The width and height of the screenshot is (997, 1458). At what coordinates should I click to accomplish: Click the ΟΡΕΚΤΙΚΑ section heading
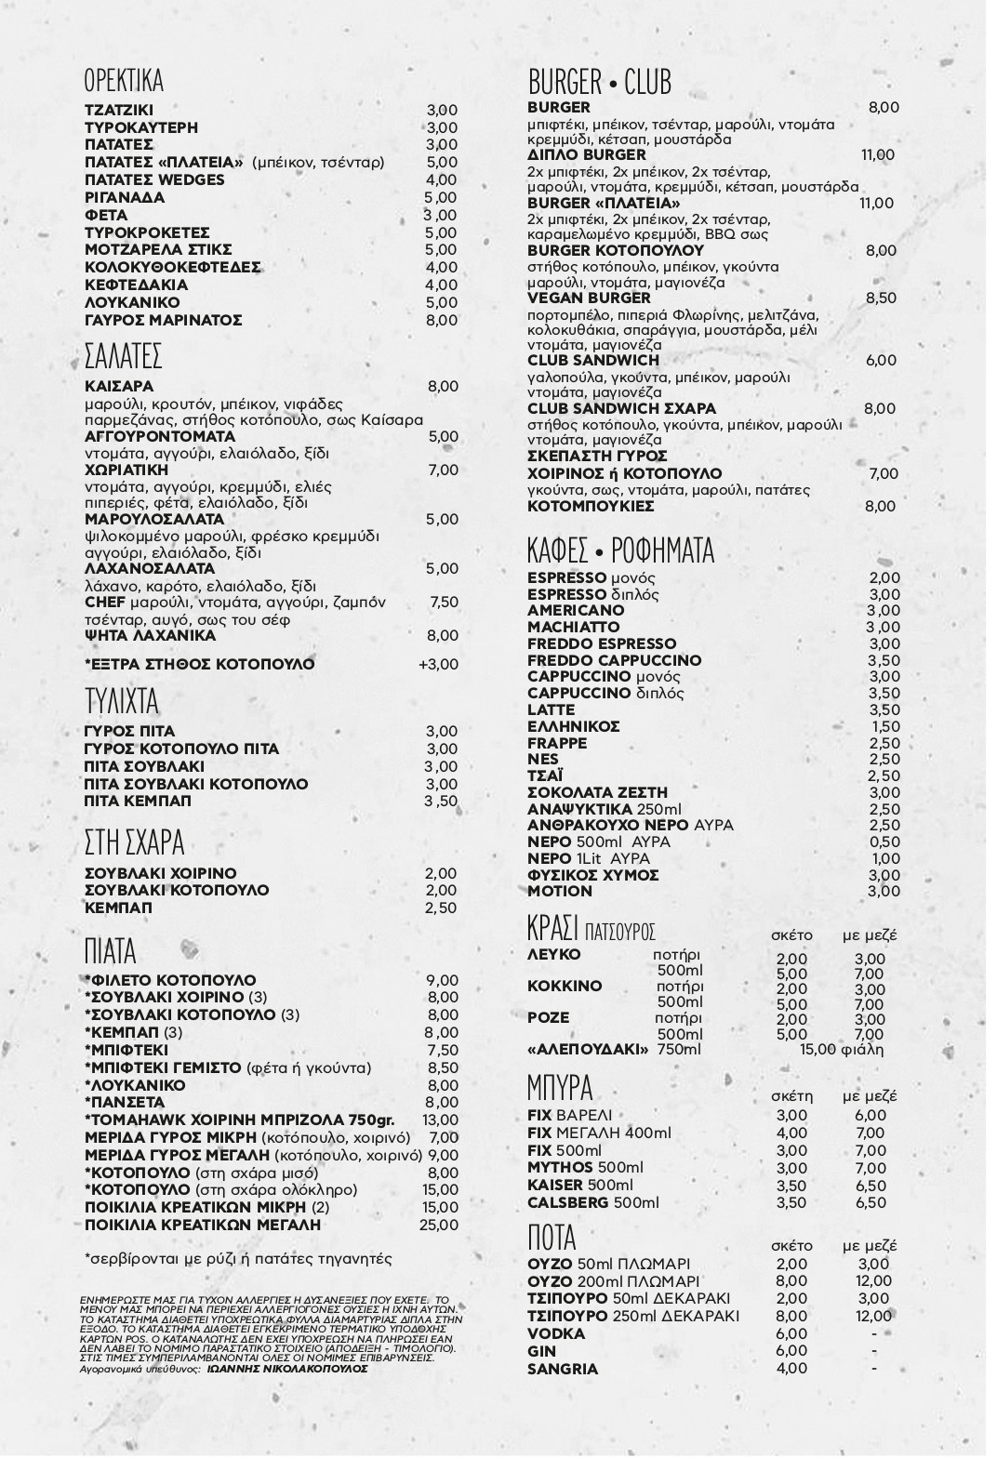pyautogui.click(x=124, y=81)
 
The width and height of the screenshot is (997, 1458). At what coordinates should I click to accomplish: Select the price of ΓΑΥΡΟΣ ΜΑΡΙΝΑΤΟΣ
pyautogui.click(x=442, y=320)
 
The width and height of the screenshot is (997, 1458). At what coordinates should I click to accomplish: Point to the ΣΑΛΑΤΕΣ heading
pyautogui.click(x=124, y=356)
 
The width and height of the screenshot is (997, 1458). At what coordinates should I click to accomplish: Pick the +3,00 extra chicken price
pyautogui.click(x=438, y=664)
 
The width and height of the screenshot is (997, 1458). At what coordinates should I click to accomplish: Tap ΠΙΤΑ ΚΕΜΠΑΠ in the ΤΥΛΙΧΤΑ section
pyautogui.click(x=138, y=801)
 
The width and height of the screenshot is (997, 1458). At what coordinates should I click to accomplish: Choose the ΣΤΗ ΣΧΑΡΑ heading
pyautogui.click(x=134, y=843)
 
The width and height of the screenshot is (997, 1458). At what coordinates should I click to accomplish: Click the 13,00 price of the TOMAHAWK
pyautogui.click(x=440, y=1120)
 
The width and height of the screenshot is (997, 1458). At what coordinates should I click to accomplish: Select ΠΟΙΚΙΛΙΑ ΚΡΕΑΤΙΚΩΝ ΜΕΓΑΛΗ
pyautogui.click(x=203, y=1225)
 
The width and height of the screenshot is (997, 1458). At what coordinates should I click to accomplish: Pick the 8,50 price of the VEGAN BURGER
pyautogui.click(x=881, y=298)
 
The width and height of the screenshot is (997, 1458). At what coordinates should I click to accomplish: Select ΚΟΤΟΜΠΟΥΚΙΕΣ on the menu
pyautogui.click(x=591, y=507)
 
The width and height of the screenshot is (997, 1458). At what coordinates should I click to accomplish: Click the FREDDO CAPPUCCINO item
pyautogui.click(x=614, y=660)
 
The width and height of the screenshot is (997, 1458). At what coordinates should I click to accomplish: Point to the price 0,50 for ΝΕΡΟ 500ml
pyautogui.click(x=884, y=842)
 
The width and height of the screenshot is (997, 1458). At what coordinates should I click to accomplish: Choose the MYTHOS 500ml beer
pyautogui.click(x=585, y=1168)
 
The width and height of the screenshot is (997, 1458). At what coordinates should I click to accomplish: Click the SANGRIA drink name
pyautogui.click(x=563, y=1369)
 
